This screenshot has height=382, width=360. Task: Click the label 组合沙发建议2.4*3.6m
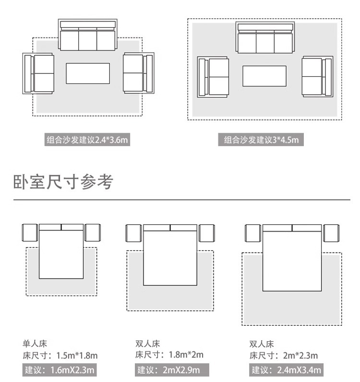[x=87, y=140]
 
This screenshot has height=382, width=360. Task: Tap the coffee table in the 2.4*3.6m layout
[x=88, y=74]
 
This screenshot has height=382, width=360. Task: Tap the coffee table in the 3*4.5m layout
[x=264, y=76]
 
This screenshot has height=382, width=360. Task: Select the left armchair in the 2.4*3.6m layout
[x=38, y=73]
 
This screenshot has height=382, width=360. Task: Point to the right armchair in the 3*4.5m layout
[x=317, y=77]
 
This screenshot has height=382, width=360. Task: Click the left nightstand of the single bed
[x=30, y=233]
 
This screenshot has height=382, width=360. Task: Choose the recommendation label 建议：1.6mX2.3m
[x=60, y=370]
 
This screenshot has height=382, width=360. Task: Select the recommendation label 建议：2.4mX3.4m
[x=286, y=370]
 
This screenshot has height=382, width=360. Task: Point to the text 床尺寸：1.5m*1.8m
[x=60, y=356]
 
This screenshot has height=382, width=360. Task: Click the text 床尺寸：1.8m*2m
[x=169, y=355]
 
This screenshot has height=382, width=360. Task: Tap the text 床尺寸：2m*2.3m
[x=284, y=356]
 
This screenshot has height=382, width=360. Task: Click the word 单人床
[x=35, y=344]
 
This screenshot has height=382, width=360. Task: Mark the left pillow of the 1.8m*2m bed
[x=156, y=228]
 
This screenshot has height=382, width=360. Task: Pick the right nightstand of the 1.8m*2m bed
[x=207, y=233]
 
